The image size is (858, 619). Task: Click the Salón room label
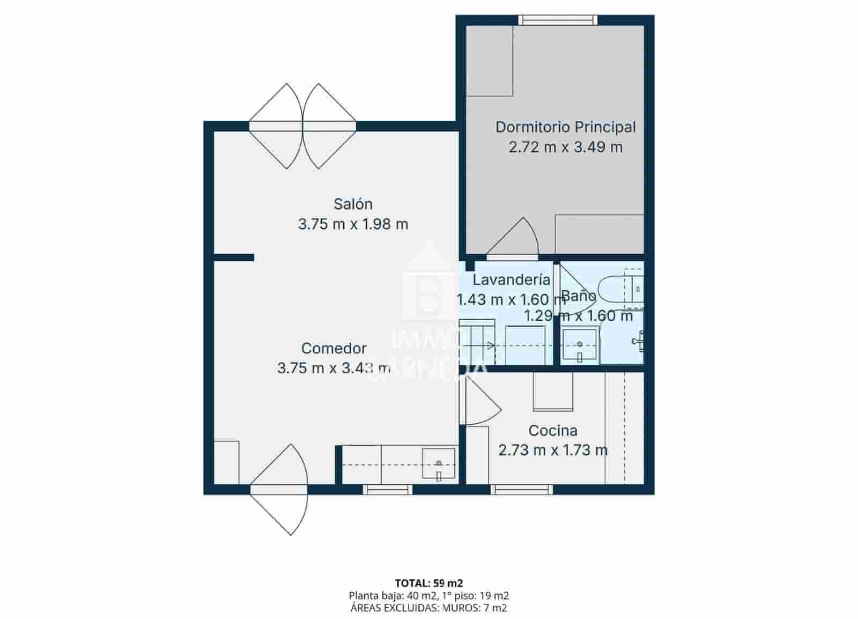pos(353,204)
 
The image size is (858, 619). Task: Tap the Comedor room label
pos(334,349)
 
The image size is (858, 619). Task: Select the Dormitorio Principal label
pos(565,127)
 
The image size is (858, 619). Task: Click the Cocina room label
pos(552,431)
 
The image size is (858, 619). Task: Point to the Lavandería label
pos(511,280)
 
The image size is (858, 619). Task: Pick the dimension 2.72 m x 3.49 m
pos(565,147)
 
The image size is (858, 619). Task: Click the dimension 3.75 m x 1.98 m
pos(353,224)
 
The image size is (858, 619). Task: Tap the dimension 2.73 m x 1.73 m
pos(552,451)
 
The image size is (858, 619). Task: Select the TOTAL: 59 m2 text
pos(428,583)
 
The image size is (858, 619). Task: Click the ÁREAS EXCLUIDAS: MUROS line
pos(428,608)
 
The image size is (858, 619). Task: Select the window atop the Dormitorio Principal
pos(558,20)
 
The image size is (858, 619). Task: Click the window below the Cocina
pos(521,489)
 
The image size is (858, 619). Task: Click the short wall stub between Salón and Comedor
pos(234,257)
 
